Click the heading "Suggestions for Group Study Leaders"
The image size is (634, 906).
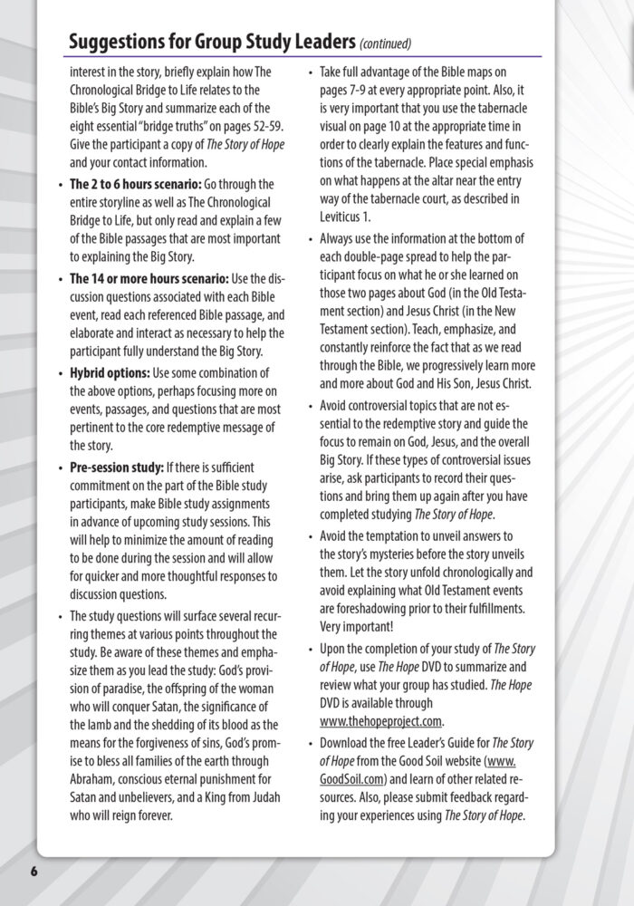click(x=212, y=42)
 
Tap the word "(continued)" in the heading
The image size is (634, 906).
click(x=386, y=43)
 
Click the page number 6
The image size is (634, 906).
click(x=34, y=871)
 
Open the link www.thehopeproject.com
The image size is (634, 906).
click(x=381, y=721)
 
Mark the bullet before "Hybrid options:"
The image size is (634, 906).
click(x=61, y=373)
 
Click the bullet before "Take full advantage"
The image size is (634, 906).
click(x=311, y=71)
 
